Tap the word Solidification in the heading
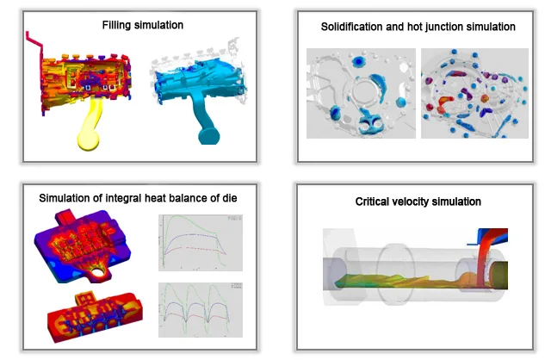coord(351,27)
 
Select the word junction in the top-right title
coord(434,27)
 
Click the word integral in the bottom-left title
coord(121,198)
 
